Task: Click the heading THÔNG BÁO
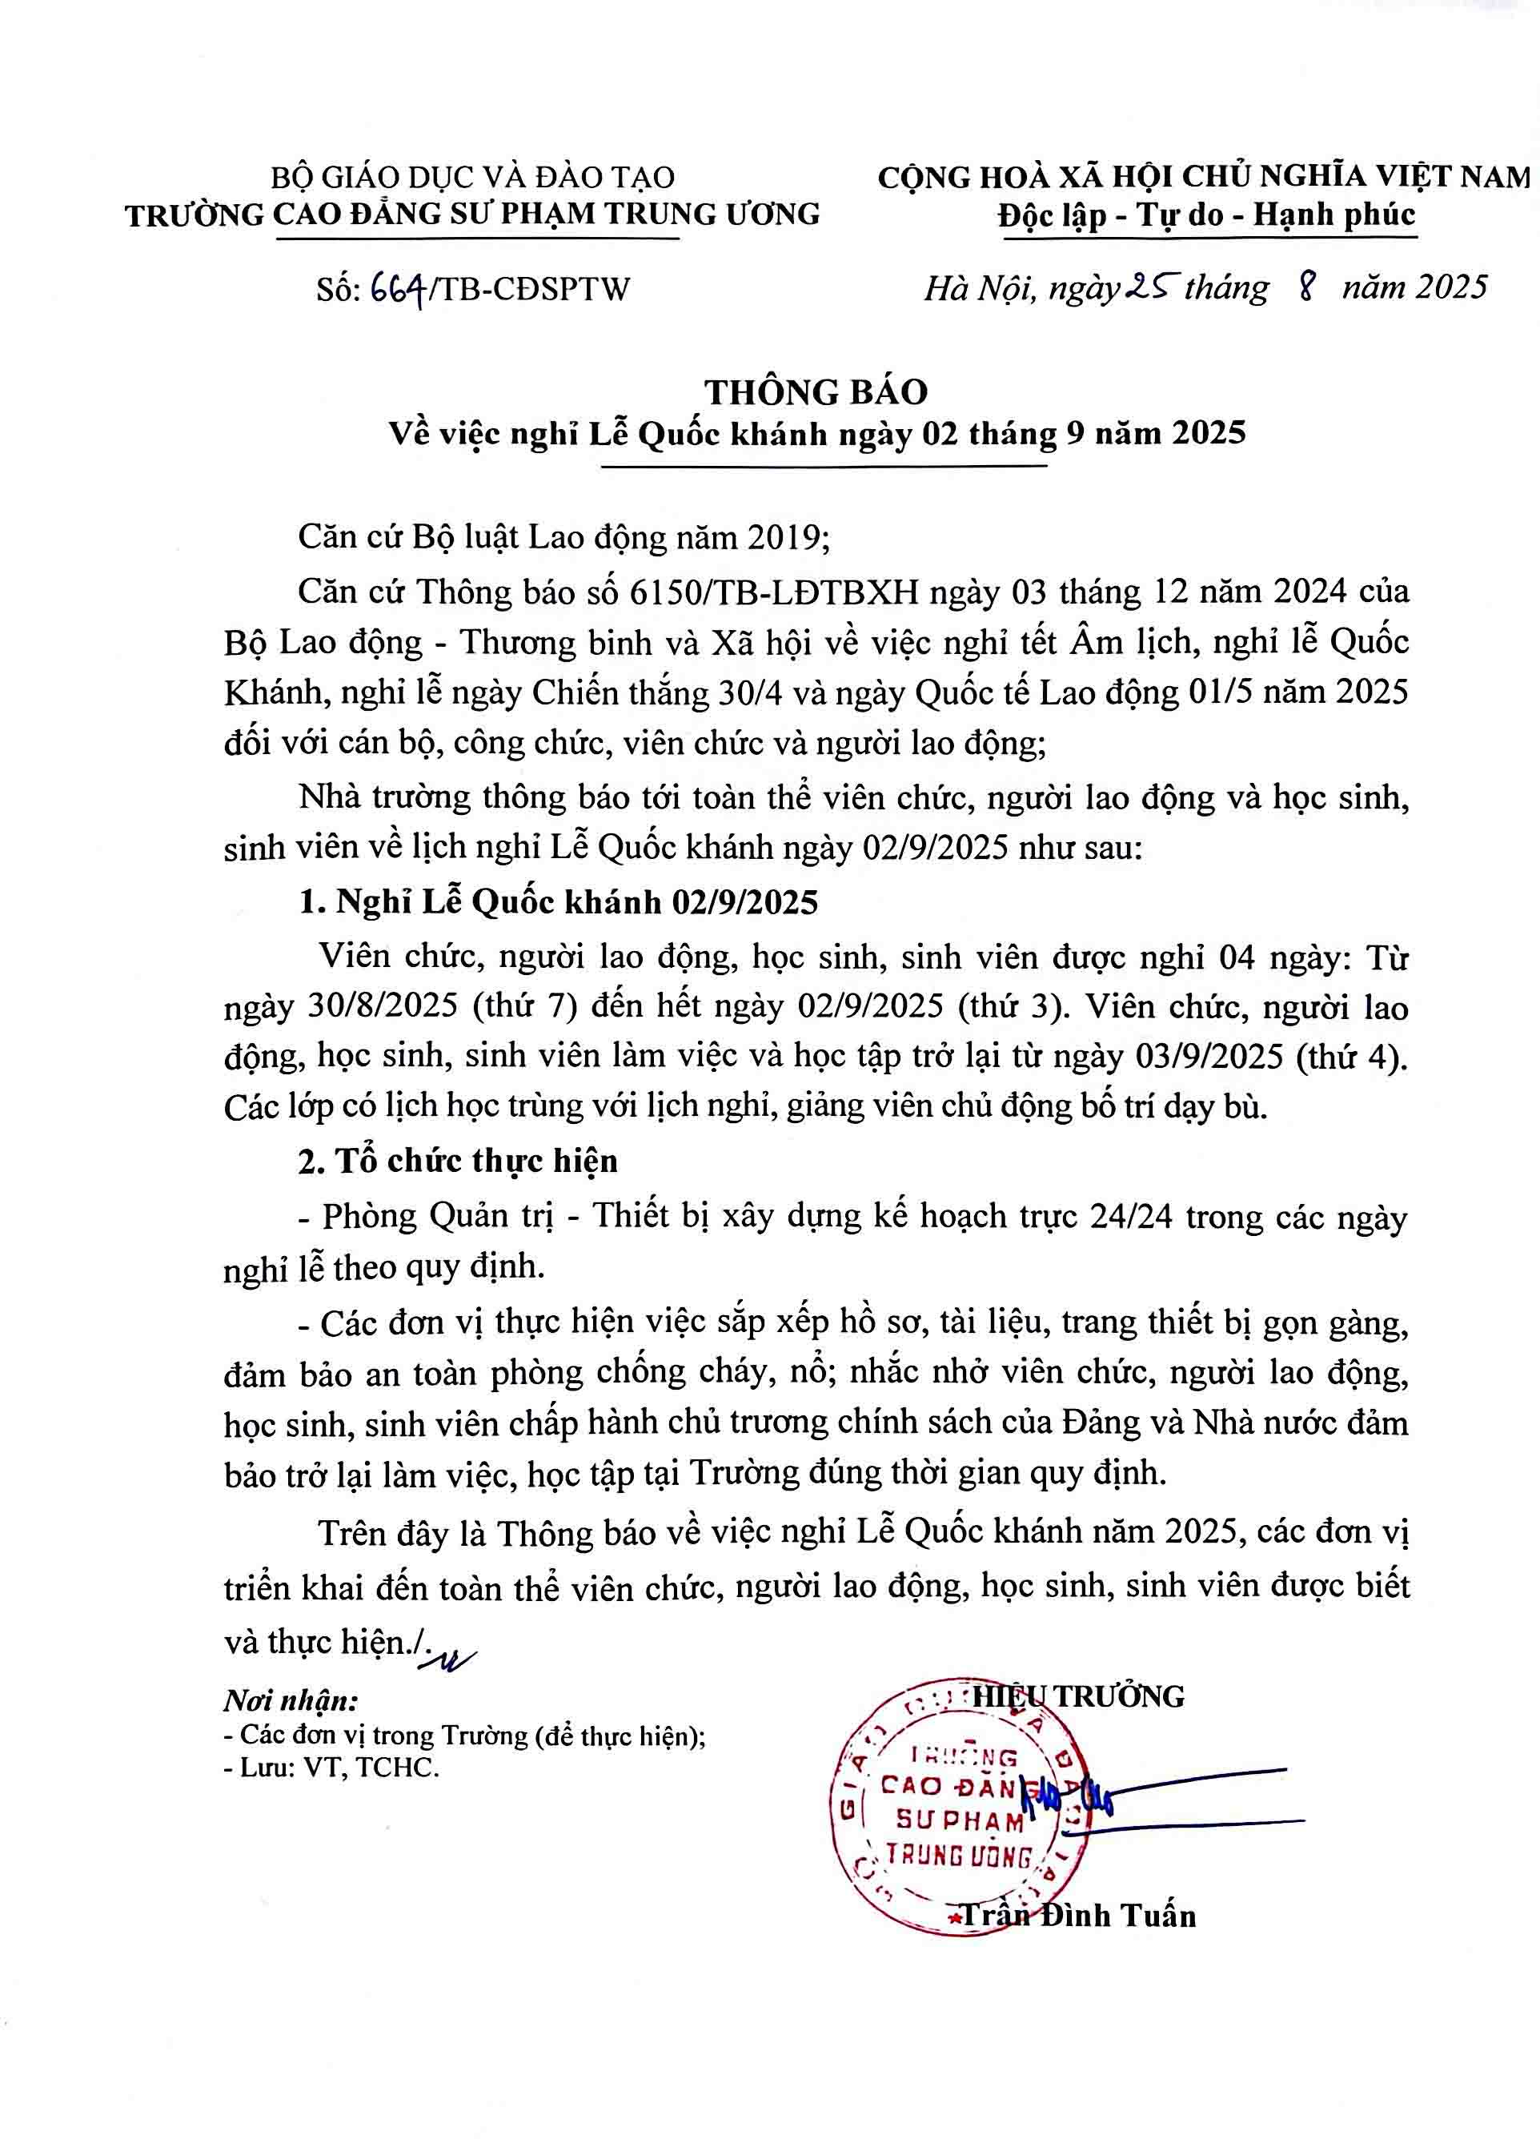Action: (816, 391)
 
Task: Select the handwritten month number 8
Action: (1306, 285)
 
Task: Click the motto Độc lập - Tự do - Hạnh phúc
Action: (1207, 215)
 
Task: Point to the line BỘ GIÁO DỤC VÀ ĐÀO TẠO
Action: (472, 176)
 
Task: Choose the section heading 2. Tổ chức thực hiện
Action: (459, 1161)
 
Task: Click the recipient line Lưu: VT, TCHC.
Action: (332, 1768)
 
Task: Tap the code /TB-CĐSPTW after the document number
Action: (530, 287)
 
